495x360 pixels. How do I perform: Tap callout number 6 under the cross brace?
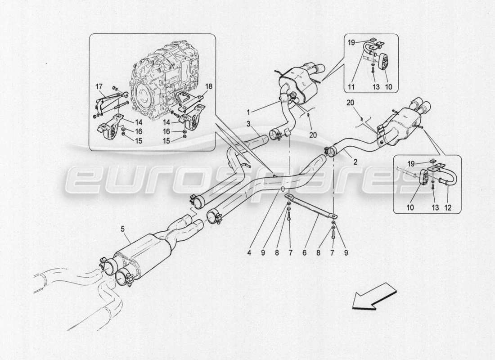pos(305,253)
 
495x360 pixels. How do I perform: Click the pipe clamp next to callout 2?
pos(329,152)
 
